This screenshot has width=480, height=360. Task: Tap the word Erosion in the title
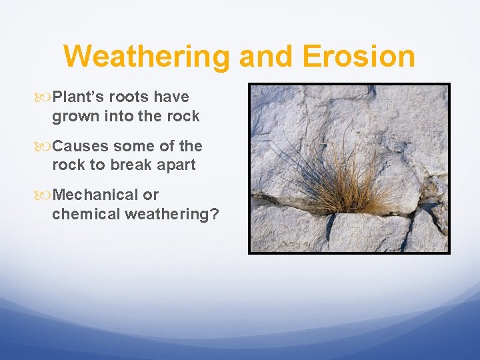(359, 56)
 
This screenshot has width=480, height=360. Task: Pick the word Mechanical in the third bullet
(95, 195)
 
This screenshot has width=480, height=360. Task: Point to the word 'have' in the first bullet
(172, 97)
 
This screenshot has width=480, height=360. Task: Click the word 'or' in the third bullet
(151, 195)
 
